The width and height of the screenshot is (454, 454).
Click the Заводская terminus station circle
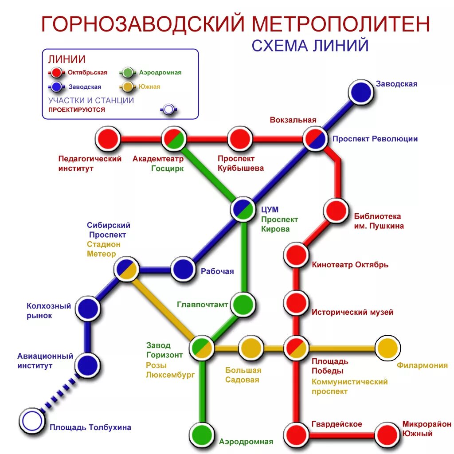tap(360, 92)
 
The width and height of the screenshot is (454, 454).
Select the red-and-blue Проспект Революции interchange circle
tap(315, 139)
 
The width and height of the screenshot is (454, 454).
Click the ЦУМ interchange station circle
tap(243, 209)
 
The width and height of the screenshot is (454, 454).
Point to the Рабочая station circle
tap(183, 269)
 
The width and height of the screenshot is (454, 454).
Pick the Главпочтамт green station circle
tap(243, 305)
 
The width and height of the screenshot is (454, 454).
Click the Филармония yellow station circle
tap(387, 348)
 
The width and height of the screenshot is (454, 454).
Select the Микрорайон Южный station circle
tap(387, 434)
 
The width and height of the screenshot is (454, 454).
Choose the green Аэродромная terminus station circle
tap(202, 434)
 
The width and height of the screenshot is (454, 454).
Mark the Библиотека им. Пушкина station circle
tap(336, 210)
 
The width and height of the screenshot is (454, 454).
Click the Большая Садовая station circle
tap(251, 348)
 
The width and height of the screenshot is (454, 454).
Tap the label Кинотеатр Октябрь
tap(350, 265)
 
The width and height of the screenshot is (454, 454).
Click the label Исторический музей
tap(352, 312)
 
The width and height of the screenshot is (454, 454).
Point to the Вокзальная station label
tap(293, 120)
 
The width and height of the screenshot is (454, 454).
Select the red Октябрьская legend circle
tap(56, 73)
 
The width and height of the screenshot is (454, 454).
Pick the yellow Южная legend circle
tap(128, 87)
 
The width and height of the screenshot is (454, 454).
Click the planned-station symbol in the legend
tap(168, 110)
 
